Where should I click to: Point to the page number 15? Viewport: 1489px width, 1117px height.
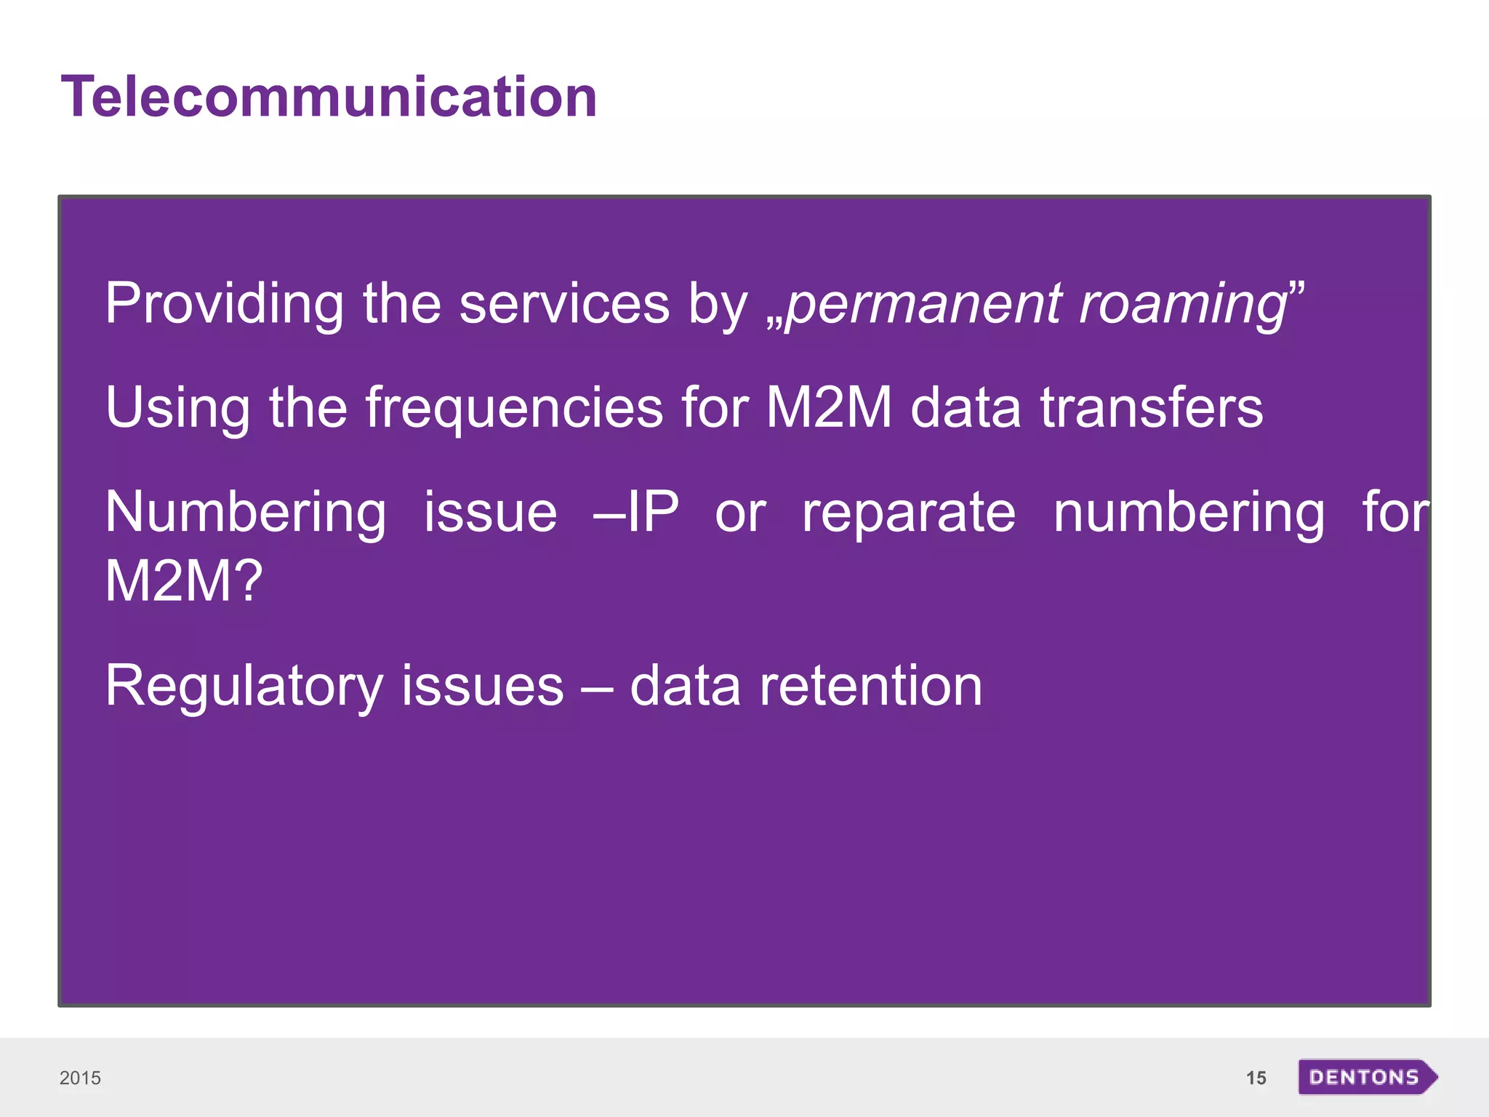(1256, 1078)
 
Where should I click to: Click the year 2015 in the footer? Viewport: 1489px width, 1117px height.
(80, 1078)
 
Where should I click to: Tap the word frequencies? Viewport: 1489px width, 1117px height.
(513, 407)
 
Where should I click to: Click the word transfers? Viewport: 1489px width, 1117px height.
(1152, 407)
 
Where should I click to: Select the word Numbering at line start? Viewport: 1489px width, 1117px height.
(246, 513)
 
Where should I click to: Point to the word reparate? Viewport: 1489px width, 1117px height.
(908, 513)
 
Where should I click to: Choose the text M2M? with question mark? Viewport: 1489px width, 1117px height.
(183, 581)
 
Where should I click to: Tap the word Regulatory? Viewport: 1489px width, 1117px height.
(244, 686)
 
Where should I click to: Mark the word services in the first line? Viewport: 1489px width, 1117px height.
(564, 304)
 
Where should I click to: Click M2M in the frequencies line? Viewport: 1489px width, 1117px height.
(829, 407)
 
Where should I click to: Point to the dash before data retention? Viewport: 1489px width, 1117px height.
(596, 688)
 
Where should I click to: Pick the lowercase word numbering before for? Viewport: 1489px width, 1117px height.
(1189, 513)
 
